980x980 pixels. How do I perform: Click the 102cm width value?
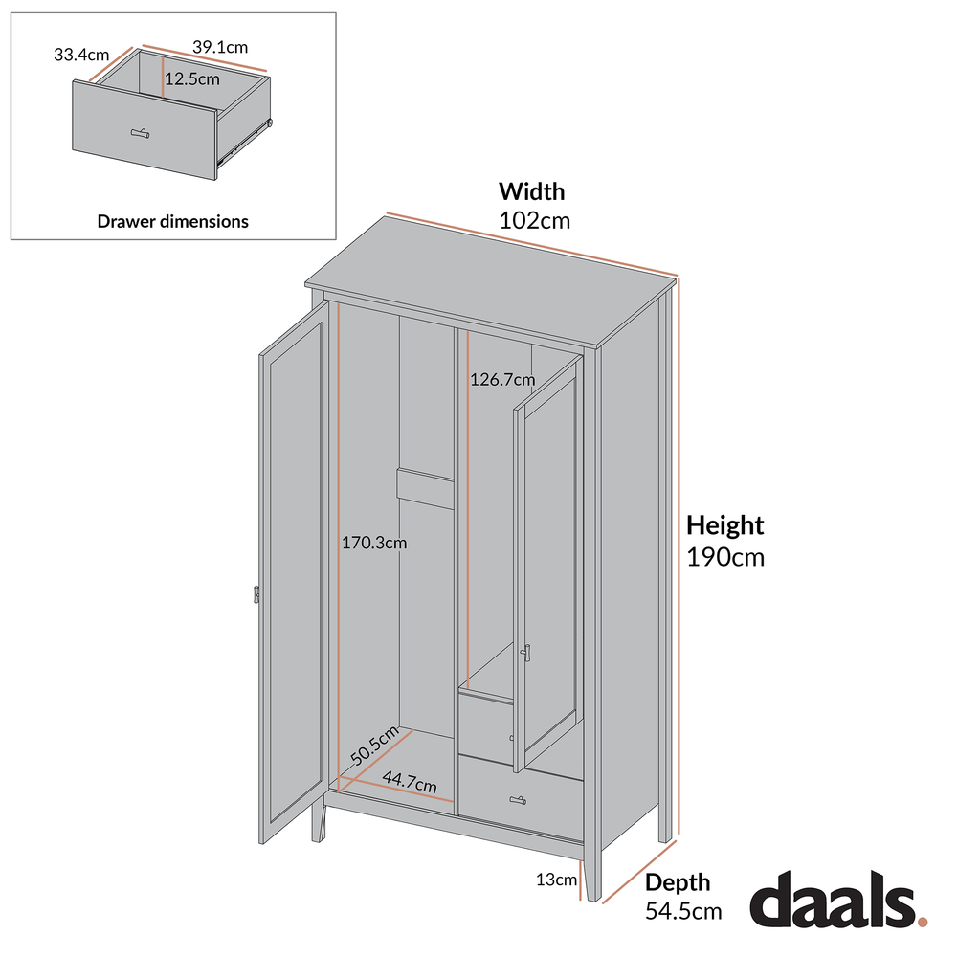coord(534,221)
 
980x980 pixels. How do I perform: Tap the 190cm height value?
coord(725,557)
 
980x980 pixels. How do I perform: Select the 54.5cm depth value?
coord(683,911)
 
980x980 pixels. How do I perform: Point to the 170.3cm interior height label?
coord(374,544)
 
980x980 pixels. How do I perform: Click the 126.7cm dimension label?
coord(501,379)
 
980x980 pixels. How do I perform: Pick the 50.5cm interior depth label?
coord(374,746)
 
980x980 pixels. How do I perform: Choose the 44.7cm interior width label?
coord(410,782)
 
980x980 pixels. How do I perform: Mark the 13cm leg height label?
coord(556,880)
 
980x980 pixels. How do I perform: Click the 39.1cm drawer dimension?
coord(220,46)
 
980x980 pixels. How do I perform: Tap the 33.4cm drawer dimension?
coord(81,55)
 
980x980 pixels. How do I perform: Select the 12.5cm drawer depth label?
coord(192,78)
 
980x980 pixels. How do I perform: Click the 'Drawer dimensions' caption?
coord(172,221)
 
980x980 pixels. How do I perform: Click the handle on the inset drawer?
coord(141,132)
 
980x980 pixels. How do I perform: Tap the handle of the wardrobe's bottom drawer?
coord(519,800)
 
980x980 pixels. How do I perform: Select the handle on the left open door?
coord(256,594)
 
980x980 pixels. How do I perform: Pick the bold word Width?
coord(531,191)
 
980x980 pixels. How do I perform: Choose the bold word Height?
coord(725,525)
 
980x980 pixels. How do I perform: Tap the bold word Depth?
coord(678,882)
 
